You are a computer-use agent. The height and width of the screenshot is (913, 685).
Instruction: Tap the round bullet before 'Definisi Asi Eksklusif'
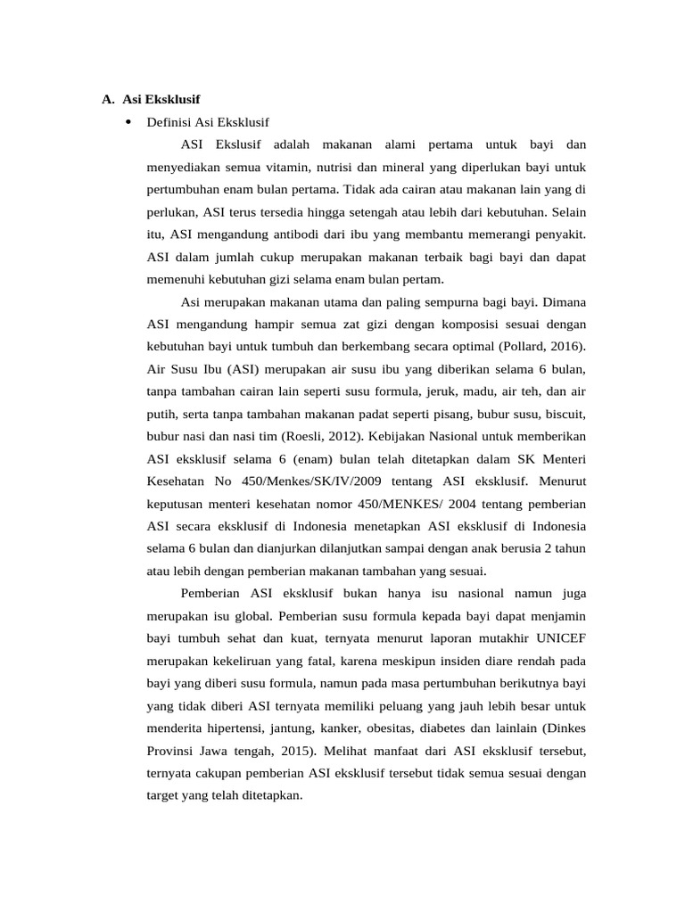pos(129,121)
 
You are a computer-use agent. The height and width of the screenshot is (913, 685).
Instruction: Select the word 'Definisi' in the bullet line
pos(167,121)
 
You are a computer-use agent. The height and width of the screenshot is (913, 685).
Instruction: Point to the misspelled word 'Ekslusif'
pos(240,144)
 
